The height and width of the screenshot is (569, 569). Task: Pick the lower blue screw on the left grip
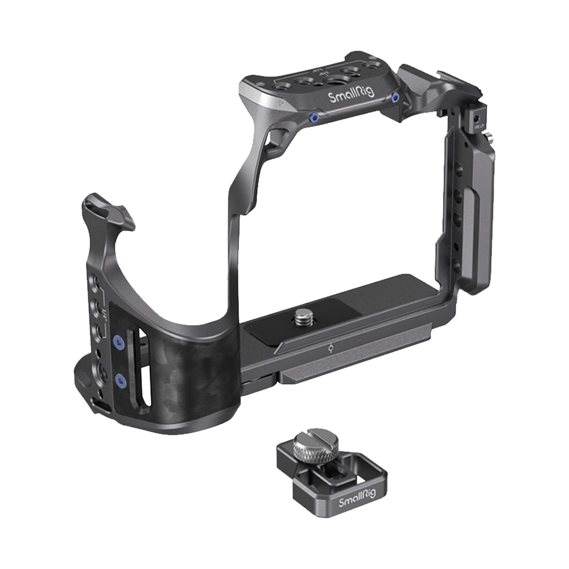point(119,380)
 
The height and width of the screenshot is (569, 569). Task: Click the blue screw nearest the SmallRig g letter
point(395,98)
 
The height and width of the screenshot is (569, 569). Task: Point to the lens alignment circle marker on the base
point(331,349)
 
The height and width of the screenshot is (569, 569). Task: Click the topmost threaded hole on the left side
point(94,278)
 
